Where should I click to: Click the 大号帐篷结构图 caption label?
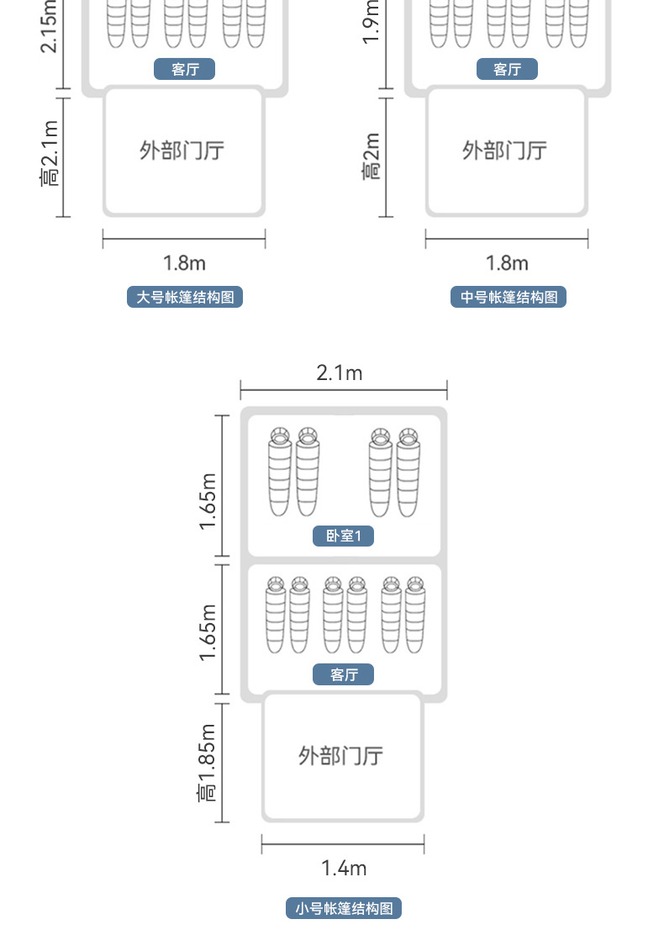[x=185, y=297]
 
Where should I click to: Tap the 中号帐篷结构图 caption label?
[x=509, y=297]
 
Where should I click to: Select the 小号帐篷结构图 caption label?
[x=344, y=908]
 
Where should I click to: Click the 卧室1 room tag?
[x=343, y=536]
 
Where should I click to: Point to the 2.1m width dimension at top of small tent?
[x=340, y=372]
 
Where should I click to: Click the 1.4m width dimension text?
[x=344, y=868]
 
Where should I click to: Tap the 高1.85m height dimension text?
[x=208, y=762]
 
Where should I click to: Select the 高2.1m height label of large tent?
[x=50, y=154]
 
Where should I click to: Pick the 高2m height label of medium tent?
[x=372, y=156]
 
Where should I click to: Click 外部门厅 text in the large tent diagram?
[x=182, y=151]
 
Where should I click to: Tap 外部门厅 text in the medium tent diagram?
[x=505, y=151]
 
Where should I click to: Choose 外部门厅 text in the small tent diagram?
[x=341, y=755]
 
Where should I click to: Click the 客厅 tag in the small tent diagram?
[x=344, y=674]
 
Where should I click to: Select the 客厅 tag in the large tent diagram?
[x=185, y=69]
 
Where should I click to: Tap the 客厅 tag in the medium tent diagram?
[x=507, y=69]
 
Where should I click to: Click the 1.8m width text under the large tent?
[x=184, y=263]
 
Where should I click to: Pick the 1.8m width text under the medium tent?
[x=507, y=263]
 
